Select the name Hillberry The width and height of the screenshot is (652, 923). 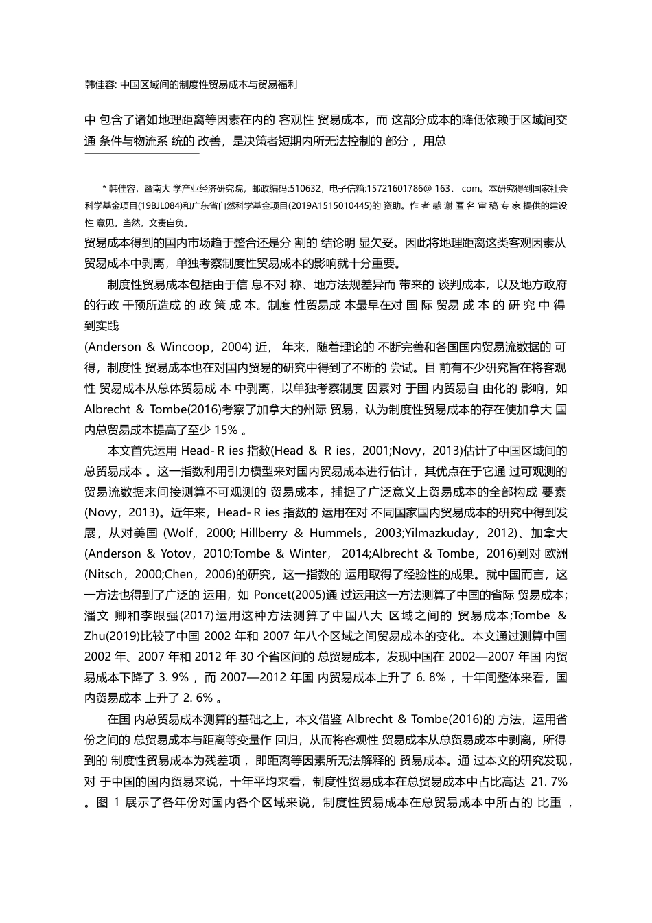253,533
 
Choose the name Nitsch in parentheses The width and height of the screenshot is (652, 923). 106,574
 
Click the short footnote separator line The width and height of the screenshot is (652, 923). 141,154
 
